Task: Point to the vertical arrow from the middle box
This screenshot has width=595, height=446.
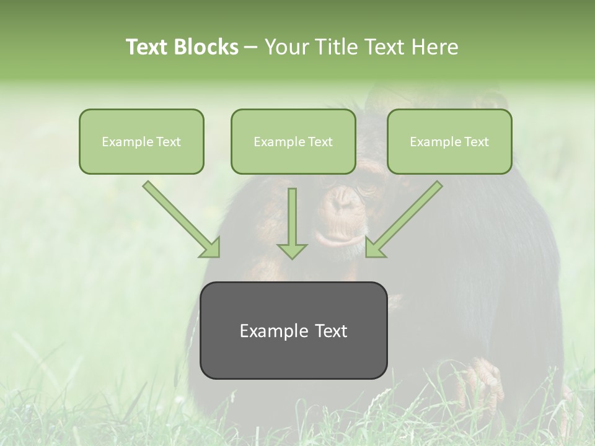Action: pos(292,223)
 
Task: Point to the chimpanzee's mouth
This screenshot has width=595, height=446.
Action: pos(335,238)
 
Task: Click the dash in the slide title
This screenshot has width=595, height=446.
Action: pos(251,47)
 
